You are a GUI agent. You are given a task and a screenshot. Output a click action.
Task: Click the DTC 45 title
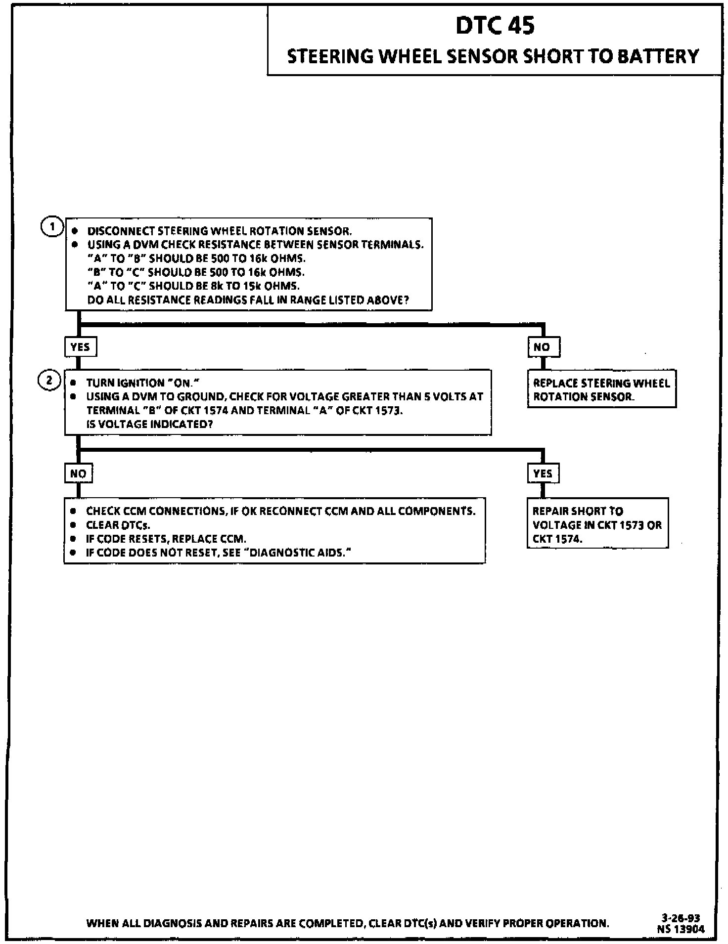click(x=495, y=26)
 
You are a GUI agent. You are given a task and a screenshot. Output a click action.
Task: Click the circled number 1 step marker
click(x=51, y=228)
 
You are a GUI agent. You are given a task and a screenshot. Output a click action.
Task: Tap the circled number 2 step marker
click(x=49, y=381)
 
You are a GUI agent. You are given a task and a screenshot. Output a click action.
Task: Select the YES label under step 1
click(x=80, y=347)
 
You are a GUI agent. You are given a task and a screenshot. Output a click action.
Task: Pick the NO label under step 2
click(x=78, y=473)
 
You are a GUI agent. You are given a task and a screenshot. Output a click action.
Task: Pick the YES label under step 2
click(x=543, y=473)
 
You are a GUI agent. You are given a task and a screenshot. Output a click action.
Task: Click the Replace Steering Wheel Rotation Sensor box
click(x=601, y=389)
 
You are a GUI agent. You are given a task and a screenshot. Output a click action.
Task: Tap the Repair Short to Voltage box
click(x=597, y=524)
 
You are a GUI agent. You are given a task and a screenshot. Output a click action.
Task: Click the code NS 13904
click(x=681, y=929)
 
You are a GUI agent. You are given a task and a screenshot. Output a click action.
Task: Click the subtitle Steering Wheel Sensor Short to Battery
click(x=493, y=56)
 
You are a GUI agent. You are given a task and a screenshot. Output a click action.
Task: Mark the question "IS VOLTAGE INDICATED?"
click(x=149, y=424)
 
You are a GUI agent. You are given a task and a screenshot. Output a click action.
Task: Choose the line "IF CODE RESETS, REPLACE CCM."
click(x=166, y=539)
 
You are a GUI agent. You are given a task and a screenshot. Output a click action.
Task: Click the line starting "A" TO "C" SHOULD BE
click(x=193, y=286)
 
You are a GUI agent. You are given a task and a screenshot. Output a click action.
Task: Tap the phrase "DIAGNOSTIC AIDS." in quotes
click(x=300, y=553)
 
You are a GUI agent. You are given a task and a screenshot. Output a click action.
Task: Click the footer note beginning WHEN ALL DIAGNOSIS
click(x=347, y=923)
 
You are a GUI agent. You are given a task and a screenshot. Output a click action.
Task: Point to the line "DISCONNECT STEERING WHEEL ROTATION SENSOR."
click(x=220, y=231)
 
